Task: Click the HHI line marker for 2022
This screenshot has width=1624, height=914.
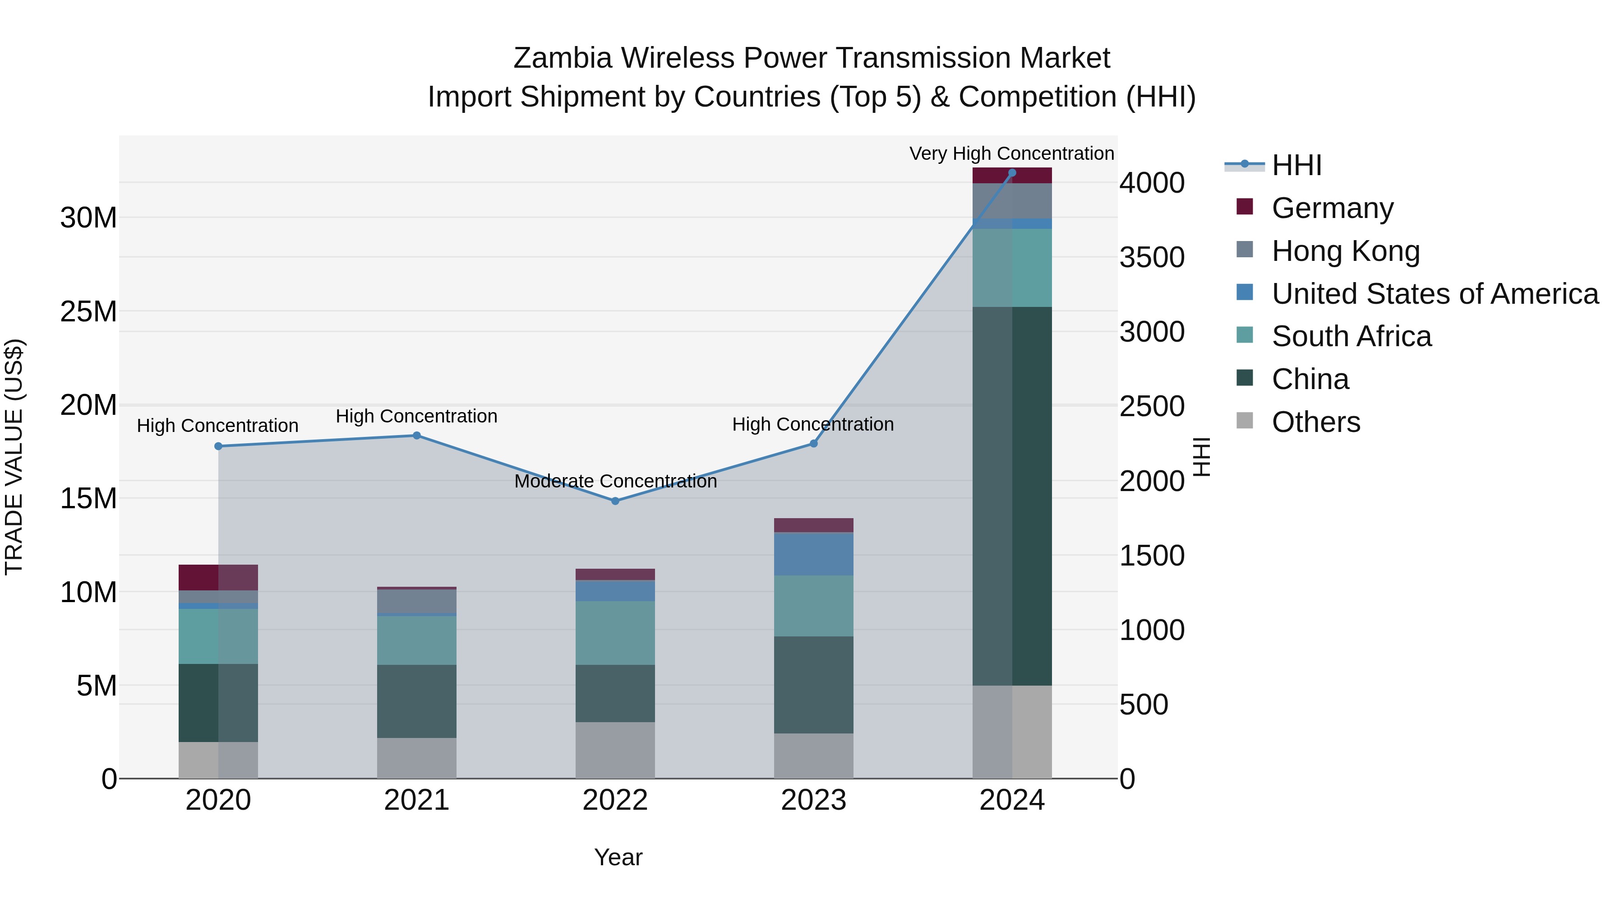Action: [615, 501]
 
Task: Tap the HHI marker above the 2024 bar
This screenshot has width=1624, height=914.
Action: [1012, 173]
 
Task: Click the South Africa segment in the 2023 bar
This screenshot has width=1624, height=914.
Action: [813, 606]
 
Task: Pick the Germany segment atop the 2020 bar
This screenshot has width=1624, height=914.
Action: [218, 577]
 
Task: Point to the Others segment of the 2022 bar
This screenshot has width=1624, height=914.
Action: [615, 750]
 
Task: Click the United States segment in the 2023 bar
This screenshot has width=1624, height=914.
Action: [813, 554]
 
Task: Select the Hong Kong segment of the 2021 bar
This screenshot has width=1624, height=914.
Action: [417, 601]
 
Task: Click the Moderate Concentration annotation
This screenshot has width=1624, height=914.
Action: [615, 481]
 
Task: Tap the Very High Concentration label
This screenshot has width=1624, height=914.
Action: [1011, 153]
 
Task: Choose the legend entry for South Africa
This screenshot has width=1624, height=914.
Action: [1351, 336]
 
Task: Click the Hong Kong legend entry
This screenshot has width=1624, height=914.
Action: [1345, 251]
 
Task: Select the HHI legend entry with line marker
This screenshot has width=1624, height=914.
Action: [1296, 165]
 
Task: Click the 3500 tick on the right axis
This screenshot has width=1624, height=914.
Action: [1152, 257]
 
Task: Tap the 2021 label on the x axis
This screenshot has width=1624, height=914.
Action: [417, 800]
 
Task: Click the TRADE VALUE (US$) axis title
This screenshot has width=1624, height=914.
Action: [14, 457]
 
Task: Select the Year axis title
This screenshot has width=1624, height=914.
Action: [618, 857]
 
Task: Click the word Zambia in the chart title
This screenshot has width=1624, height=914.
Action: [563, 58]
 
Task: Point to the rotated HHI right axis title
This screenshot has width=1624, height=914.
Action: [1202, 457]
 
